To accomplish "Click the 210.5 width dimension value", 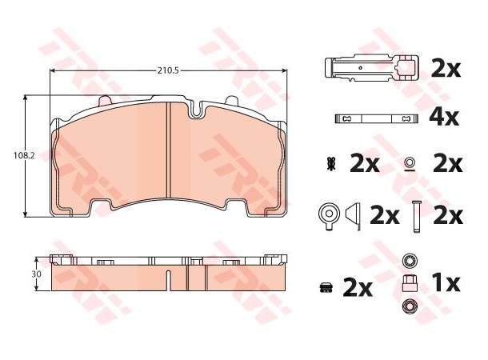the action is pyautogui.click(x=168, y=70).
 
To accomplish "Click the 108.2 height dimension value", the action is pyautogui.click(x=24, y=155).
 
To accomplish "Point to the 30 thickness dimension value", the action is pyautogui.click(x=36, y=274).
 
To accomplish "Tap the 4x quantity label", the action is pyautogui.click(x=444, y=117).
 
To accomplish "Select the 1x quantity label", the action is pyautogui.click(x=446, y=283).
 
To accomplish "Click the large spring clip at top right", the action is pyautogui.click(x=371, y=69).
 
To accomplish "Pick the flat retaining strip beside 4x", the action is pyautogui.click(x=376, y=118).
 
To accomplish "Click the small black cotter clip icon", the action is pyautogui.click(x=330, y=165).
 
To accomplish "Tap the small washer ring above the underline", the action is pyautogui.click(x=410, y=162).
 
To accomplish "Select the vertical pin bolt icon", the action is pyautogui.click(x=415, y=217).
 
